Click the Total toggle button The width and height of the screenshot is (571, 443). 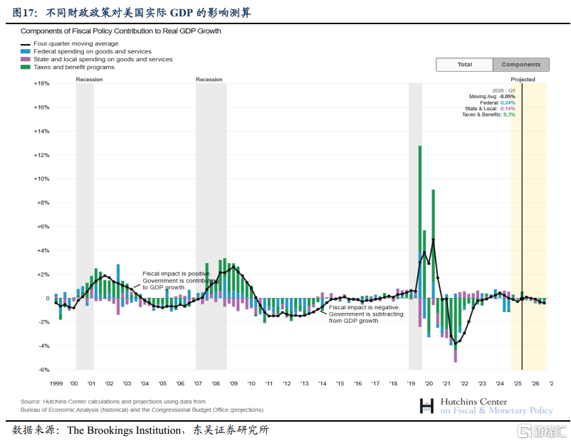[x=464, y=65]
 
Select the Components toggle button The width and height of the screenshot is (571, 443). [x=520, y=65]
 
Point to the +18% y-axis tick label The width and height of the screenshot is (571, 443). [x=41, y=83]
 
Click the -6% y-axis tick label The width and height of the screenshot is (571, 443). [x=43, y=370]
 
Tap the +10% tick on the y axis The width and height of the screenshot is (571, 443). [x=41, y=178]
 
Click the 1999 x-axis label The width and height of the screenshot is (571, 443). [x=56, y=383]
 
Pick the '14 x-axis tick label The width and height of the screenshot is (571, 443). [x=323, y=383]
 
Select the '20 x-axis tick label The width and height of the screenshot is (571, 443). [x=429, y=383]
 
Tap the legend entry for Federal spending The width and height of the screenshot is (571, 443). [x=92, y=52]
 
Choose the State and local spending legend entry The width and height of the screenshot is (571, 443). [x=103, y=60]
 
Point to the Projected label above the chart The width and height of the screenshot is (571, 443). [x=523, y=80]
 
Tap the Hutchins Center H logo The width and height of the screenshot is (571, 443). [x=426, y=405]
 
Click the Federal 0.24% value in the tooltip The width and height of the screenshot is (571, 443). [x=508, y=102]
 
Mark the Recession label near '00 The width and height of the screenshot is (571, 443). [x=89, y=80]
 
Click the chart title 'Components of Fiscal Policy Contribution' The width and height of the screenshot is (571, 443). [x=120, y=31]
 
